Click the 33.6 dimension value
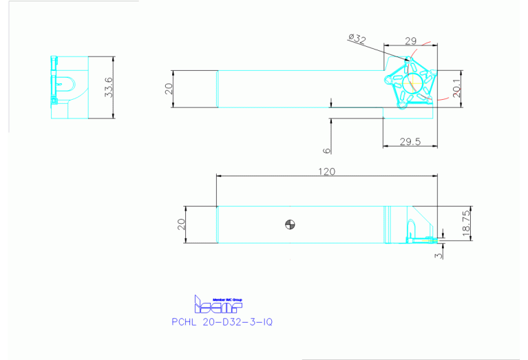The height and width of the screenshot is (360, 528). (x=108, y=87)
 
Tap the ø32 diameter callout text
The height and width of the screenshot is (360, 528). (x=357, y=39)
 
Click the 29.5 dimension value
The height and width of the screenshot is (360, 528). (x=410, y=142)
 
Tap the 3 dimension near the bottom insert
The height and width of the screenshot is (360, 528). (x=439, y=255)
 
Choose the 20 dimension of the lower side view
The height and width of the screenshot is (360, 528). (x=182, y=224)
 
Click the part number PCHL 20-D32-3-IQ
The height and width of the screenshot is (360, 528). (x=222, y=321)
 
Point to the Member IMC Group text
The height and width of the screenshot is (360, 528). (x=228, y=300)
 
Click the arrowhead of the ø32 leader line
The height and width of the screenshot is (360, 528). (x=408, y=61)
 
